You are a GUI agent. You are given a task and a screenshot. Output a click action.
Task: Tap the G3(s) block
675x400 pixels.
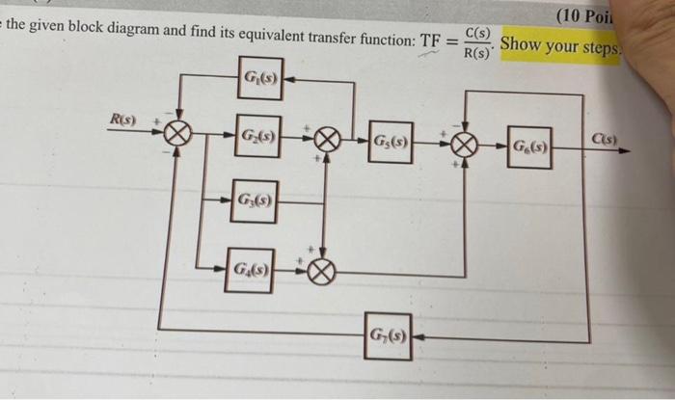(x=254, y=202)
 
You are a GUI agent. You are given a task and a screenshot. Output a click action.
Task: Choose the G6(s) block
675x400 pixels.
(x=529, y=147)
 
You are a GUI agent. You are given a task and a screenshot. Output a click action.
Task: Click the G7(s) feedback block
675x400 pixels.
(x=388, y=335)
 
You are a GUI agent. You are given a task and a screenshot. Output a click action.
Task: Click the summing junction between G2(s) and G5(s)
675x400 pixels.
(x=326, y=144)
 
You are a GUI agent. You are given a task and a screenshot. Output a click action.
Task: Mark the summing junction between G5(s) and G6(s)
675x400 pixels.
(x=464, y=147)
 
